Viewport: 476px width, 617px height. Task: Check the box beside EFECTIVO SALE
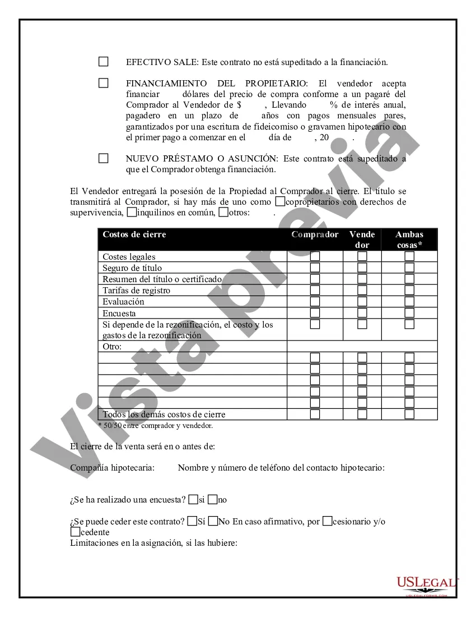tap(104, 62)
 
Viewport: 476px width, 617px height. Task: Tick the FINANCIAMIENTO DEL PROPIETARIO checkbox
tap(104, 83)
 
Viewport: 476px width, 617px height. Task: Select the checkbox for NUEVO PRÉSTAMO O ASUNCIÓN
tap(104, 158)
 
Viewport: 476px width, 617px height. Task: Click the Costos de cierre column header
tap(134, 234)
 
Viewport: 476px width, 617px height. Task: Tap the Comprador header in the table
tap(315, 234)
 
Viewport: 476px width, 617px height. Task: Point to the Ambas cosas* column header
tap(409, 240)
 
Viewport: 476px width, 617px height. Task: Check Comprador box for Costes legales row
tap(315, 256)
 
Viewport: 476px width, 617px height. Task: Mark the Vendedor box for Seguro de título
tap(362, 268)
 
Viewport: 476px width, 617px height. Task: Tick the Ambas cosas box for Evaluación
tap(409, 302)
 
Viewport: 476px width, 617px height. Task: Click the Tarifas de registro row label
tap(136, 291)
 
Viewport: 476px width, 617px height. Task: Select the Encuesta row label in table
tap(119, 314)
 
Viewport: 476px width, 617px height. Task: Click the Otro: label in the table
tap(112, 347)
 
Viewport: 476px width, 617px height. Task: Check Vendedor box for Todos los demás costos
tap(362, 415)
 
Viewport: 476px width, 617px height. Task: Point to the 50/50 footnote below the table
tap(155, 426)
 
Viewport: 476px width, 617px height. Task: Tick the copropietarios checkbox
tap(280, 201)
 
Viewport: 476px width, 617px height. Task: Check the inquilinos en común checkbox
tap(132, 213)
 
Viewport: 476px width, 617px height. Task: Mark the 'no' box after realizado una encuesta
tap(212, 499)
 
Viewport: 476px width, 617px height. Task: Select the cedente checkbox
tap(75, 532)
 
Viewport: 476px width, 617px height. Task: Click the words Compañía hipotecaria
tap(113, 467)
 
